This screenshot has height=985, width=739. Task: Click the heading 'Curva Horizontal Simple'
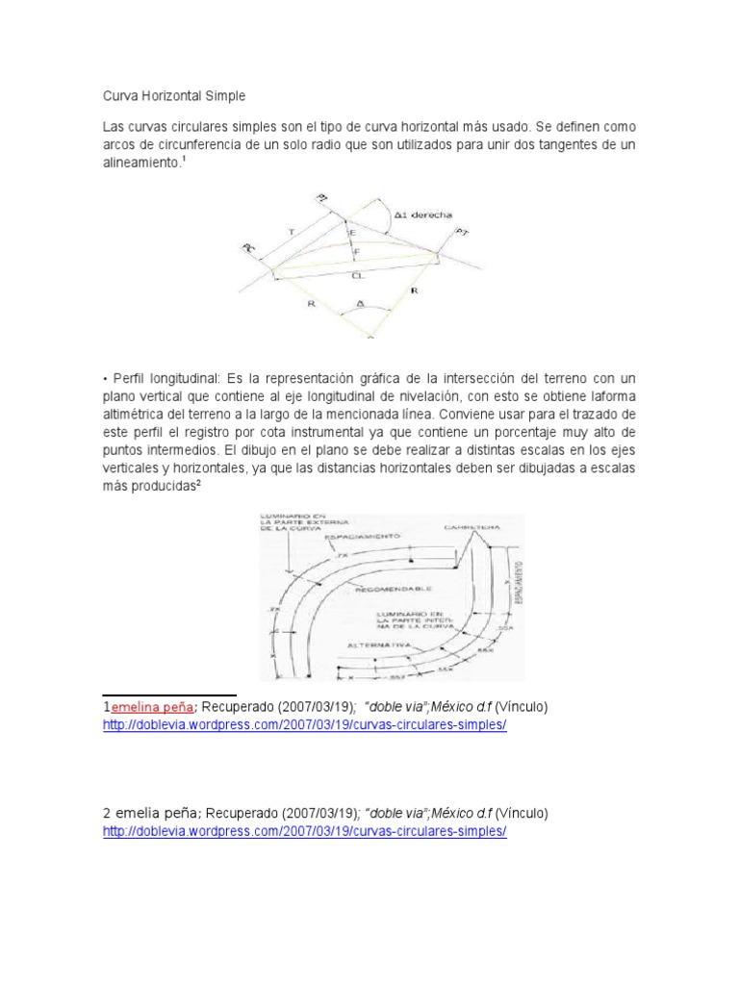(x=174, y=96)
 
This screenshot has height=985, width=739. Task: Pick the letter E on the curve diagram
(x=353, y=232)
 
